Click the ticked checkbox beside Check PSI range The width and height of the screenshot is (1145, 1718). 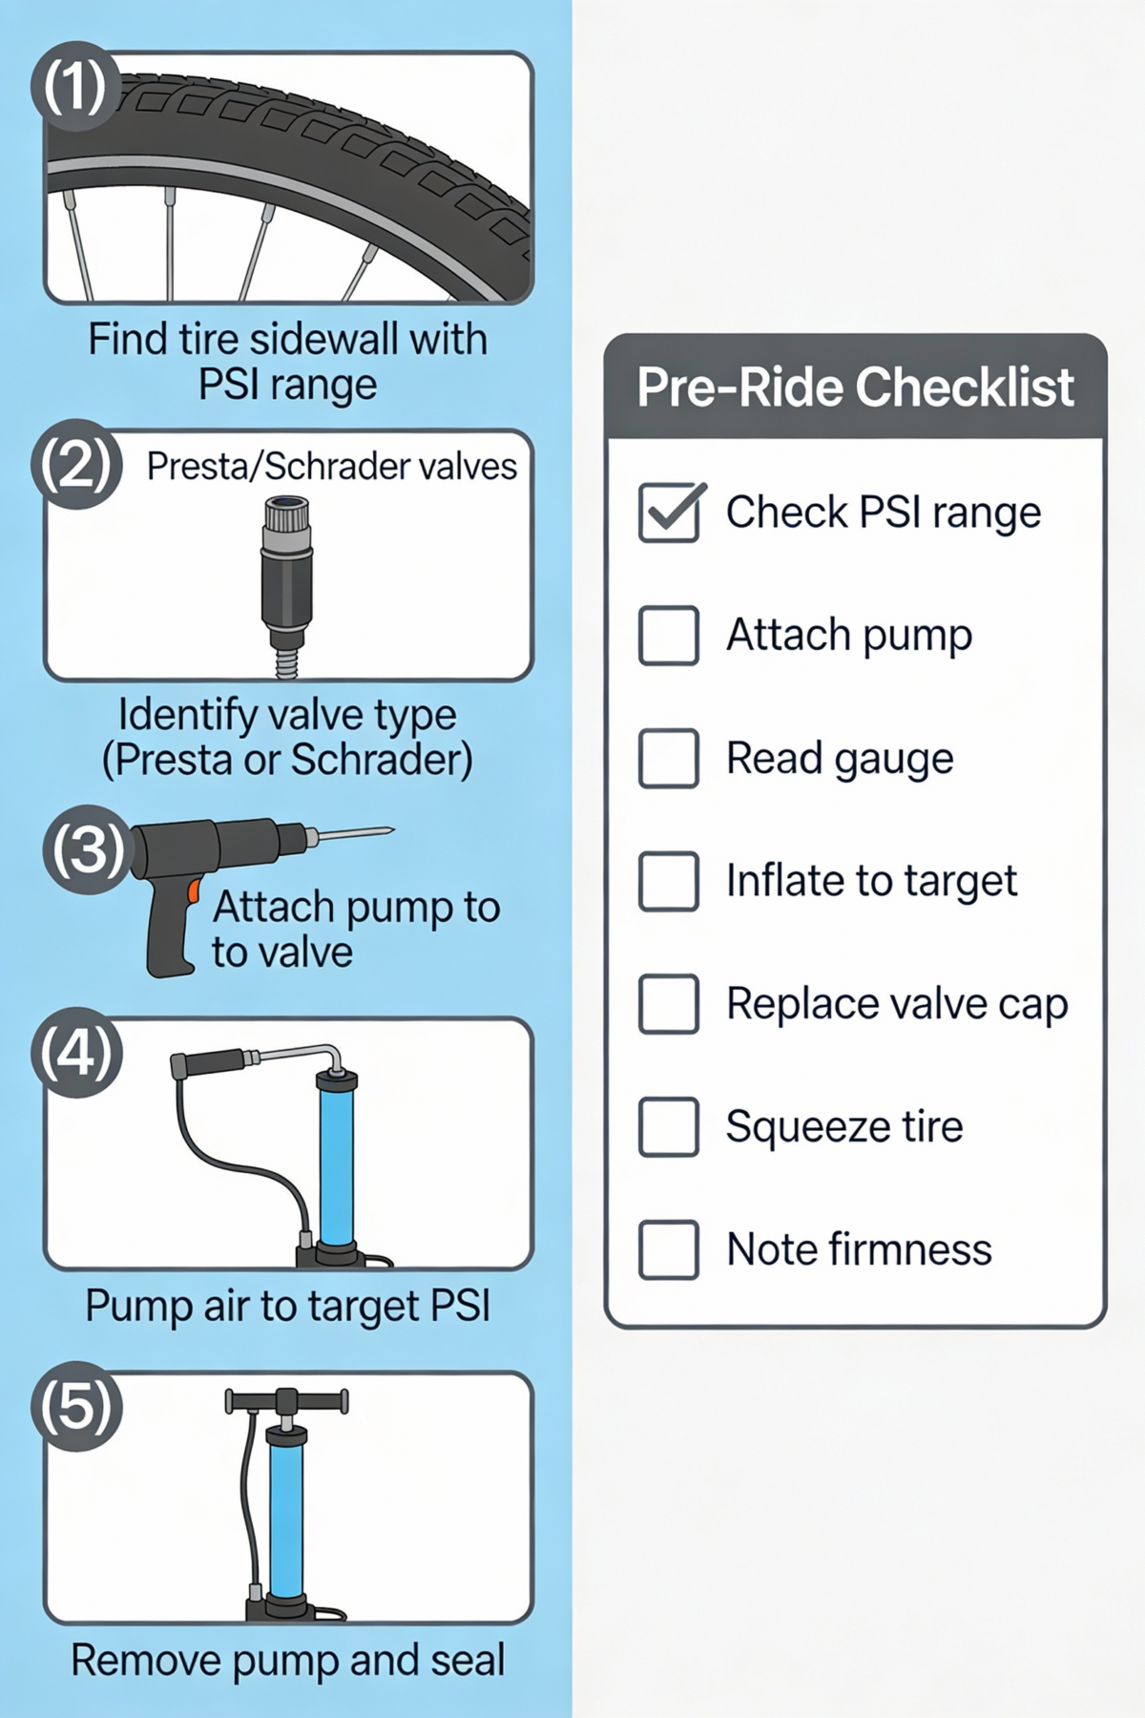[x=669, y=513]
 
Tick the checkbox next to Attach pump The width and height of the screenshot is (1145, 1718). [x=669, y=636]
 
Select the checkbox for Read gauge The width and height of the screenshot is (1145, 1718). [x=669, y=759]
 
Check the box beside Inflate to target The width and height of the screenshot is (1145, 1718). [x=669, y=881]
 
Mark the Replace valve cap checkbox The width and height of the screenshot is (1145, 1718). [x=669, y=1004]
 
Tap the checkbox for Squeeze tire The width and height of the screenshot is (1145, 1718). [x=669, y=1127]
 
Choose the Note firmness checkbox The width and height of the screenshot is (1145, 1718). [x=669, y=1249]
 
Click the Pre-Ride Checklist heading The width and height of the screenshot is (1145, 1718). [x=855, y=388]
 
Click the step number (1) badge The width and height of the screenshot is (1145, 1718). [x=75, y=87]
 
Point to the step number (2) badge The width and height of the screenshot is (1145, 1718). [x=76, y=465]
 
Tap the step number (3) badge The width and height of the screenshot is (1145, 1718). [x=86, y=849]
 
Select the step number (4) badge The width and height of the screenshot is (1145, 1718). [x=76, y=1053]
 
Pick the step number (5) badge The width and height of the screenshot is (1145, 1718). [x=76, y=1407]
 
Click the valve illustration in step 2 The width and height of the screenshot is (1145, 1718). [x=286, y=582]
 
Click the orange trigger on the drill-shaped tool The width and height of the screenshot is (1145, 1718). [x=194, y=891]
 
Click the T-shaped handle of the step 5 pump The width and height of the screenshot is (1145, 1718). [x=286, y=1402]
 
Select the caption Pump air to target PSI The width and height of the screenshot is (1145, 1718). [x=287, y=1306]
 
